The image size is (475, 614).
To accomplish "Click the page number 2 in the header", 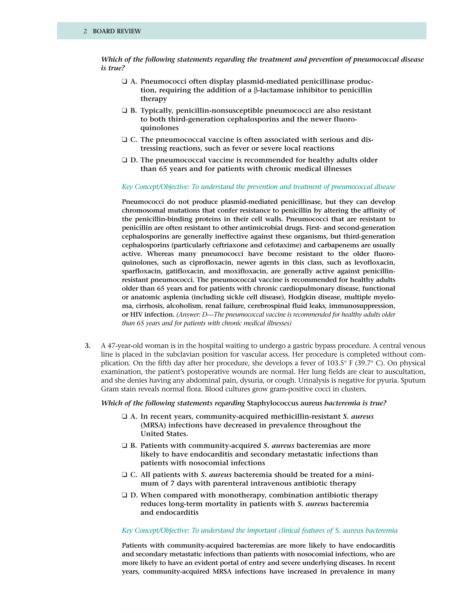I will pyautogui.click(x=85, y=31).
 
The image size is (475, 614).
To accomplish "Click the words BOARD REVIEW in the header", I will pyautogui.click(x=117, y=31).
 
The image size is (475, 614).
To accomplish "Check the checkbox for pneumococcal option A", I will pyautogui.click(x=124, y=82).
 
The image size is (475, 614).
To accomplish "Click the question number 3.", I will pyautogui.click(x=87, y=346).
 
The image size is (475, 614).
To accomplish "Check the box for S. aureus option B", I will pyautogui.click(x=124, y=446).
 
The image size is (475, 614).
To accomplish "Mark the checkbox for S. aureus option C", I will pyautogui.click(x=124, y=475).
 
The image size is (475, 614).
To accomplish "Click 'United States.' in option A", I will pyautogui.click(x=164, y=434).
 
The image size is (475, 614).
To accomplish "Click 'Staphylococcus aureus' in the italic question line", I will pyautogui.click(x=284, y=403).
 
